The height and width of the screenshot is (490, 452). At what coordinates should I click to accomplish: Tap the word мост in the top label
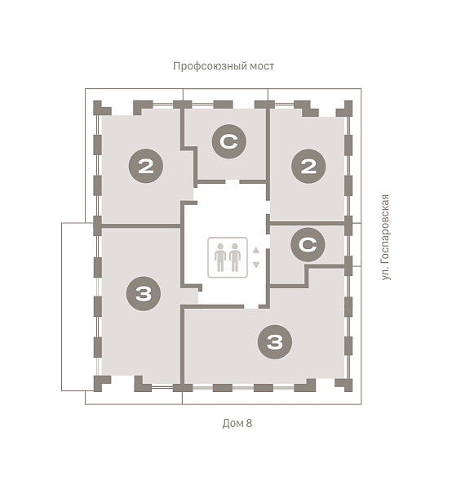click(x=262, y=66)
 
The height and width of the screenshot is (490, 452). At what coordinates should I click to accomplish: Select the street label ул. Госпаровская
click(x=386, y=237)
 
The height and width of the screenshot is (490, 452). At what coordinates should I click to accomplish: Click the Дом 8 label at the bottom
click(x=237, y=423)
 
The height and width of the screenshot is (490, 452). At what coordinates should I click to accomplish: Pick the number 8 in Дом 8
click(x=249, y=423)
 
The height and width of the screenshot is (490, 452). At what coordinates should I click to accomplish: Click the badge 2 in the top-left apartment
click(x=146, y=167)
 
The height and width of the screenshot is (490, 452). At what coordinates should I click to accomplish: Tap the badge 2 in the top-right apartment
click(x=308, y=167)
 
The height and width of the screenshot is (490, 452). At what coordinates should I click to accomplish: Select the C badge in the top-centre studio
click(x=228, y=141)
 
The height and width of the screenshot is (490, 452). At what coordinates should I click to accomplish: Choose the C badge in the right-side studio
click(x=308, y=245)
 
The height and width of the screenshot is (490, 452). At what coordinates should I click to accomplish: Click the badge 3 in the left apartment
click(x=144, y=293)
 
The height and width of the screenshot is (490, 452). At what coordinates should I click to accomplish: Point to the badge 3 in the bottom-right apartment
click(x=275, y=342)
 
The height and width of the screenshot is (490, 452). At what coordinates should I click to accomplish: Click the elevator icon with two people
click(x=228, y=257)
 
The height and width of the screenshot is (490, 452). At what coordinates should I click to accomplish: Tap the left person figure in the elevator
click(x=220, y=257)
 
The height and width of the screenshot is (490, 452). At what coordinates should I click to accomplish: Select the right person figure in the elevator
click(x=235, y=257)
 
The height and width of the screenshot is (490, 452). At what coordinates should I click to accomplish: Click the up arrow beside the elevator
click(x=256, y=250)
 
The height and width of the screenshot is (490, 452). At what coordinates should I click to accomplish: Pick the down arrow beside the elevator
click(x=256, y=265)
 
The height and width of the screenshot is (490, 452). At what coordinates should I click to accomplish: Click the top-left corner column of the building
click(x=100, y=108)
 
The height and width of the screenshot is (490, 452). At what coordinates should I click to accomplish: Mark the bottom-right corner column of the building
click(x=345, y=385)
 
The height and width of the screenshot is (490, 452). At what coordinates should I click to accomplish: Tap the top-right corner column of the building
click(x=346, y=108)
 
